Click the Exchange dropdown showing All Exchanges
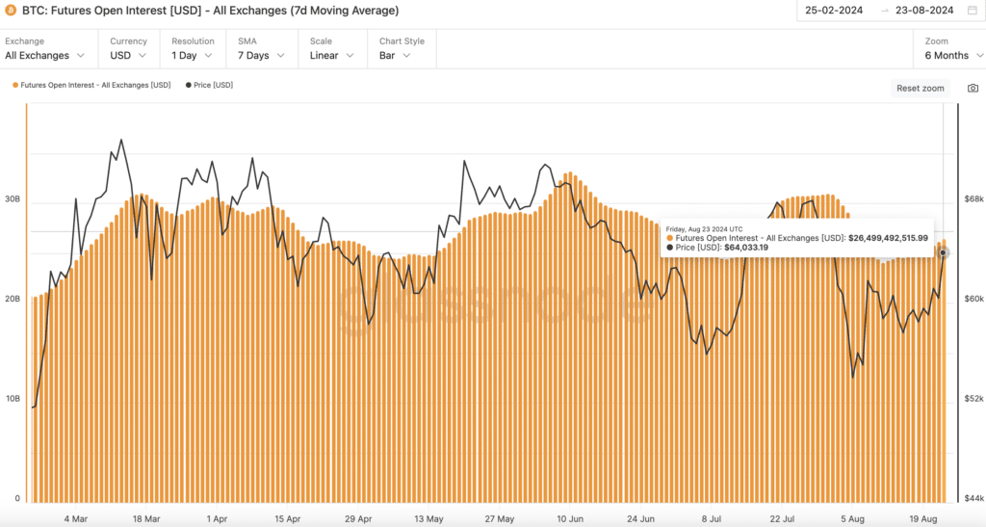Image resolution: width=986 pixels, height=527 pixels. (x=50, y=55)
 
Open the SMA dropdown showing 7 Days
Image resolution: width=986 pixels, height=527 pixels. (x=261, y=55)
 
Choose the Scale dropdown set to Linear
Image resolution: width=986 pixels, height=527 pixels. (x=330, y=55)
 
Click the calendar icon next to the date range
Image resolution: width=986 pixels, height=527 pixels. (x=972, y=11)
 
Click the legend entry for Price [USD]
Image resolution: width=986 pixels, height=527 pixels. (x=209, y=85)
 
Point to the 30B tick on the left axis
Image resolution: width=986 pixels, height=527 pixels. (x=13, y=199)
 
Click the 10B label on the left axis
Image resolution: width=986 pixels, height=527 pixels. (x=13, y=398)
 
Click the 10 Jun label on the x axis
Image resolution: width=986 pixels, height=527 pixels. (x=569, y=518)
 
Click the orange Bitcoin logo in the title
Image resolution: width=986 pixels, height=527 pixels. (x=11, y=11)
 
